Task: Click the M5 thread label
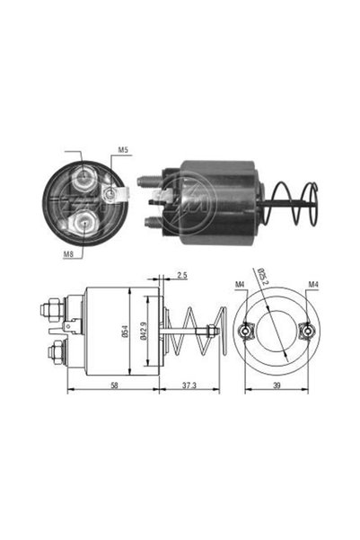click(123, 150)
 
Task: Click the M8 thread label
click(68, 254)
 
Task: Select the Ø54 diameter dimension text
click(125, 332)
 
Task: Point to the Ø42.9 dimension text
click(144, 331)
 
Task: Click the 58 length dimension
click(114, 385)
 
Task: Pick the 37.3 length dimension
click(189, 385)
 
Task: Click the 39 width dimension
click(277, 385)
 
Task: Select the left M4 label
click(240, 285)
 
